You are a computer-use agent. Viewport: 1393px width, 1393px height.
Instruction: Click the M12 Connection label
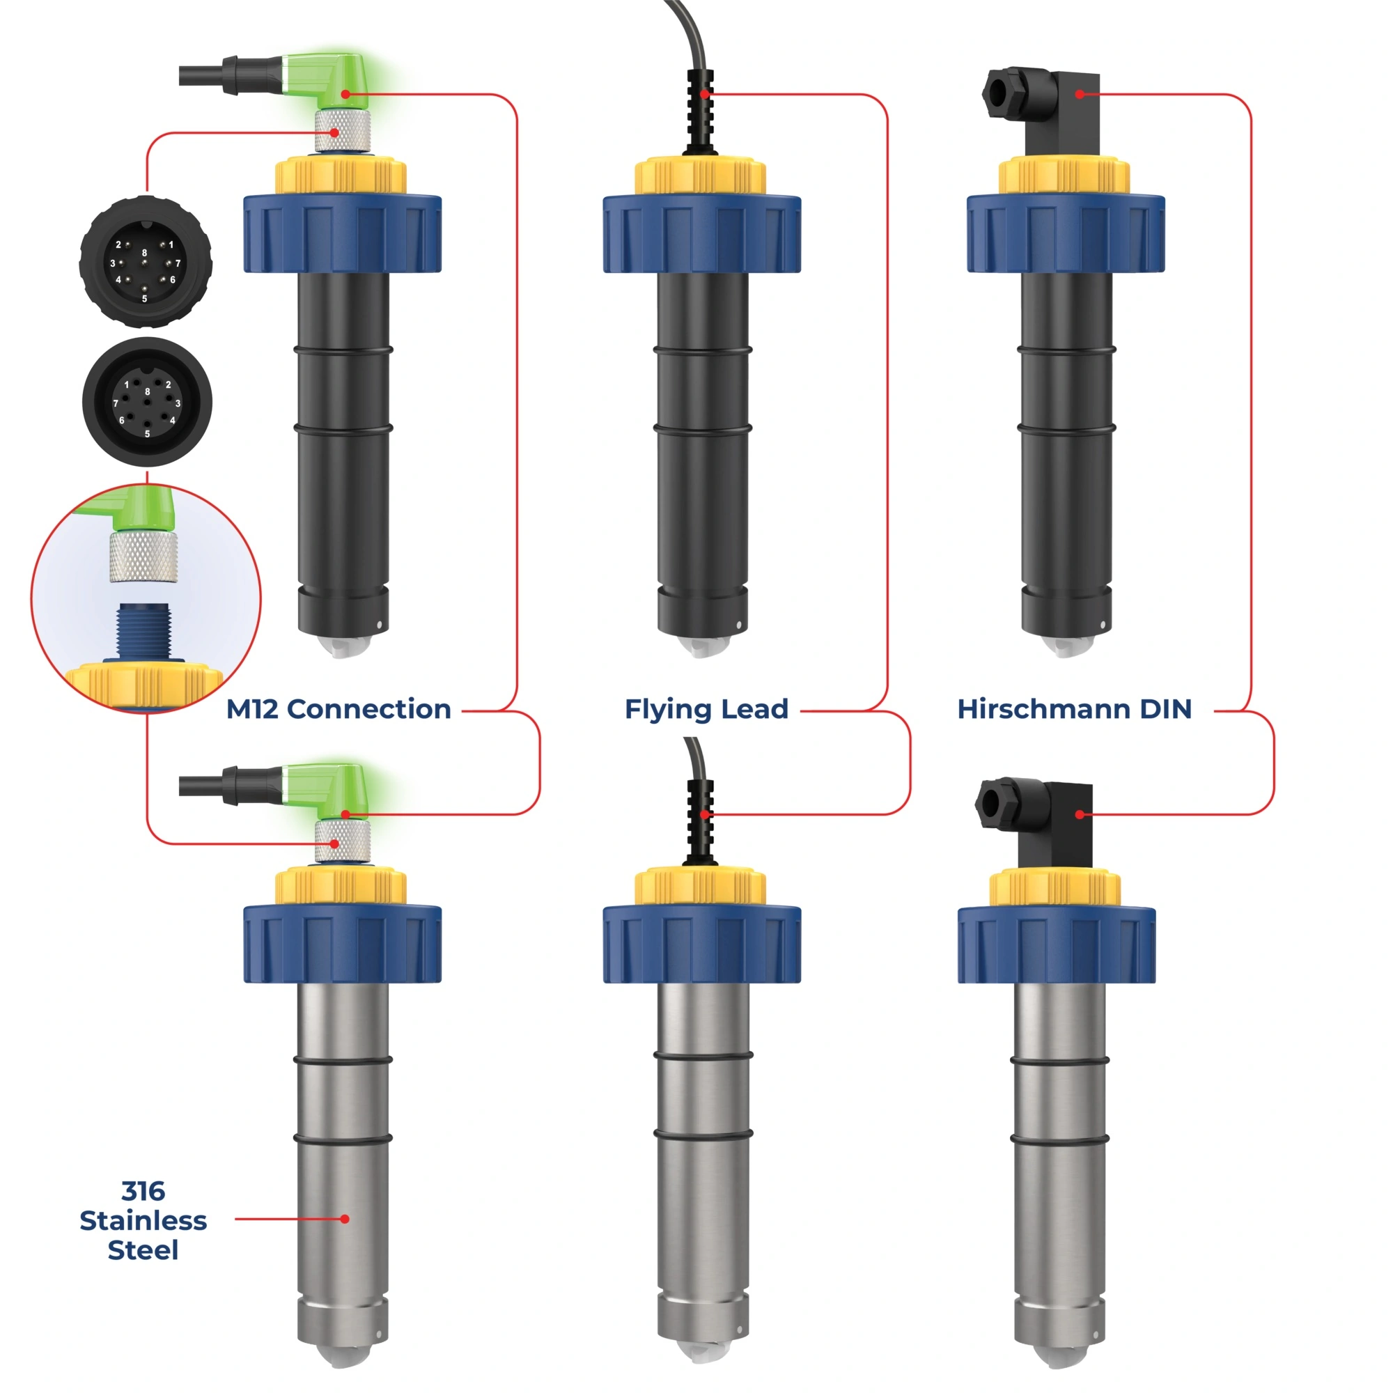pos(338,710)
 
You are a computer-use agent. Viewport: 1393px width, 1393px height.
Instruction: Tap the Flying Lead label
pos(706,710)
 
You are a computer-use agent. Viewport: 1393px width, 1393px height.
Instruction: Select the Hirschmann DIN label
pos(1073,710)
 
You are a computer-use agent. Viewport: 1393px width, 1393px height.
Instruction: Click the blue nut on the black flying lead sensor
pos(701,233)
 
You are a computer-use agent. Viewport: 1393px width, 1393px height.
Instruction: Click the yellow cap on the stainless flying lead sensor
pos(700,887)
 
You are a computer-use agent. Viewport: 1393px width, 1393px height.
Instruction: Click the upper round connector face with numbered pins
pos(145,262)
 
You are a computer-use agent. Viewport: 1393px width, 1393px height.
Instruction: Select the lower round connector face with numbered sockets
pos(147,403)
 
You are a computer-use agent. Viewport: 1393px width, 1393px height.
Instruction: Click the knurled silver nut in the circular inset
pos(143,557)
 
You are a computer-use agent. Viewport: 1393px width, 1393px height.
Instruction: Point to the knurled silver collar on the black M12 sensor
pos(343,130)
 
